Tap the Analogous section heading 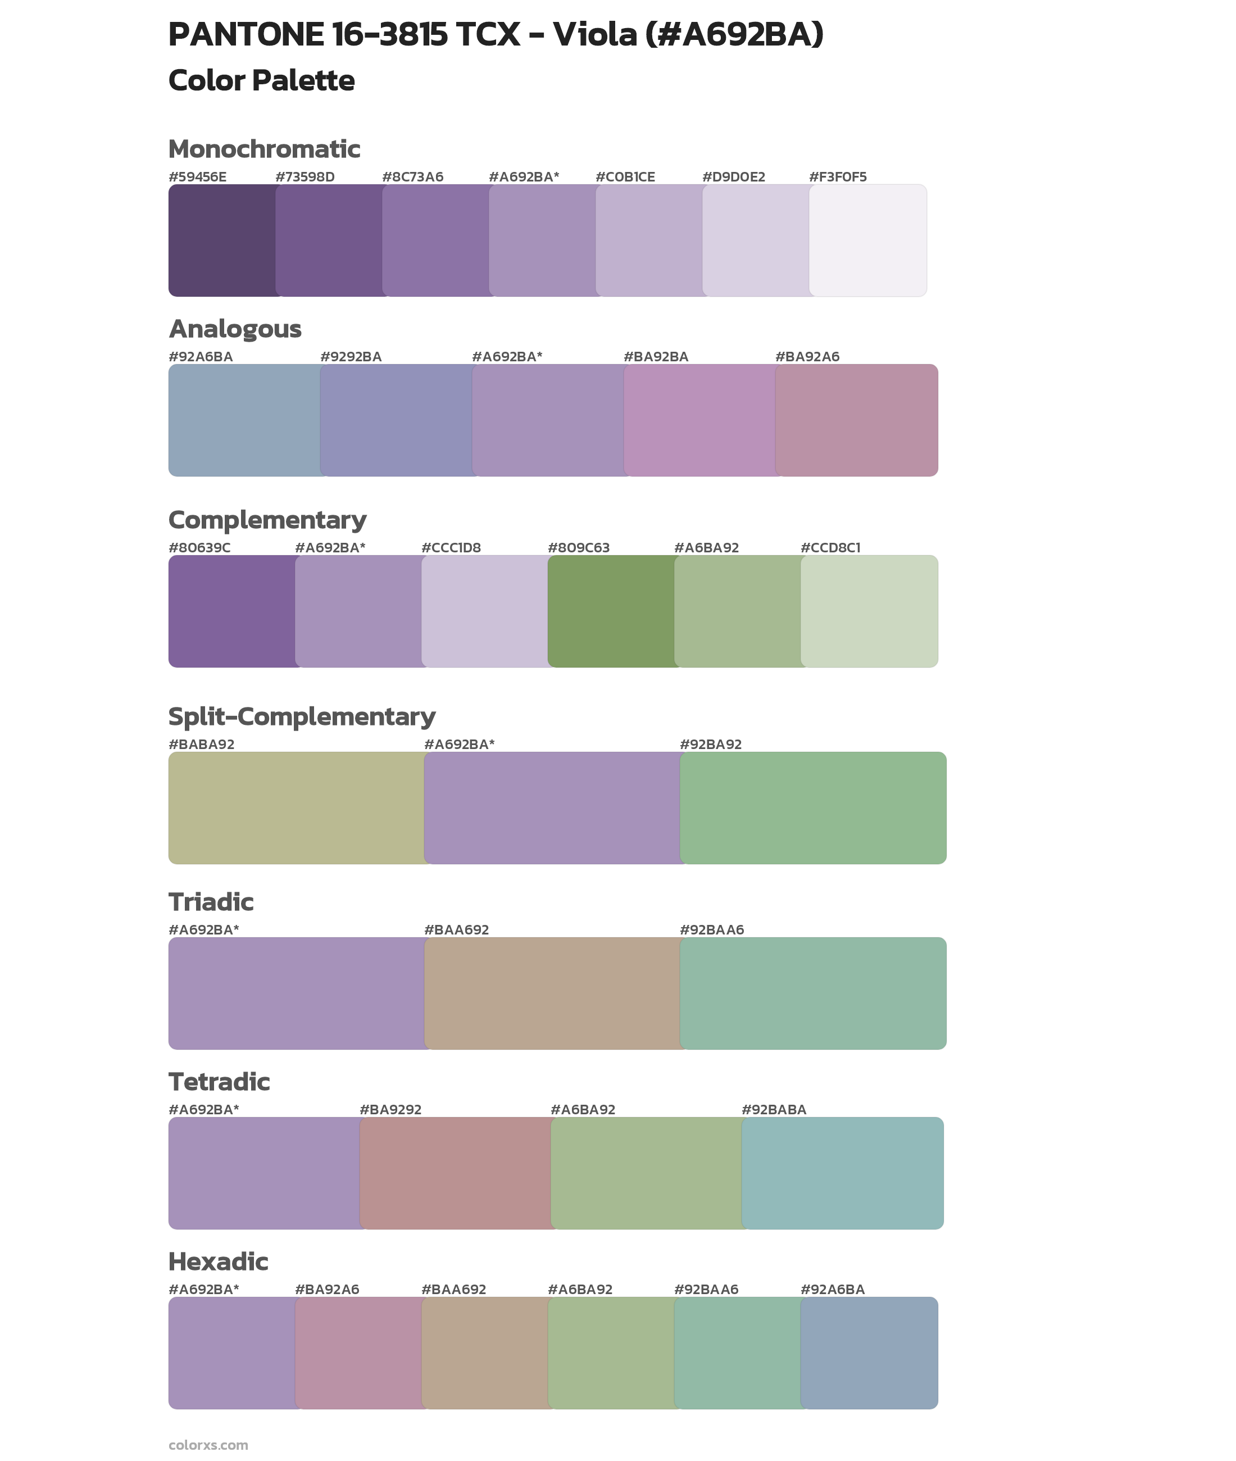[235, 329]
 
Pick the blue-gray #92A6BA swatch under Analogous [244, 420]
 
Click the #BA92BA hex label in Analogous [655, 357]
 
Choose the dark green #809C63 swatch [610, 611]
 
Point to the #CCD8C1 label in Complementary [830, 547]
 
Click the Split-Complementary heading [301, 716]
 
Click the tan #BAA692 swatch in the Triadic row [552, 993]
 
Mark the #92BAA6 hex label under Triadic [711, 930]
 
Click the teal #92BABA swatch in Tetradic [842, 1173]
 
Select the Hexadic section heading [218, 1262]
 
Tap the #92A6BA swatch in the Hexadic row [869, 1353]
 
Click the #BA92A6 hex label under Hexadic [326, 1289]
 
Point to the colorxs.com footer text [208, 1445]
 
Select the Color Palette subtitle [261, 80]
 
